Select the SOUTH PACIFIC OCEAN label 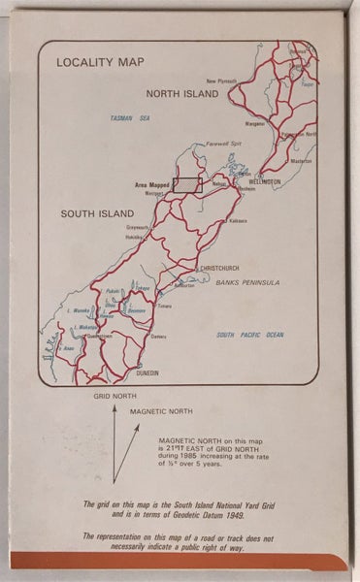pos(249,335)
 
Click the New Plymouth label pos(221,81)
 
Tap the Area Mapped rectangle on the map pos(185,186)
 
